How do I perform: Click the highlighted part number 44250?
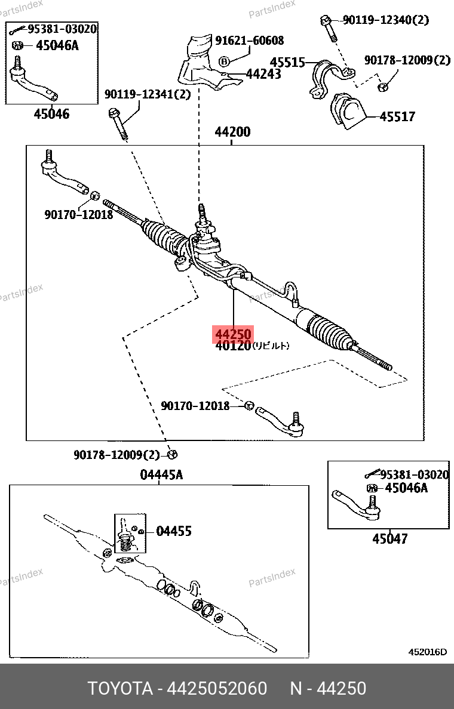coord(233,334)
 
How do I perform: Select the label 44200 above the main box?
coord(232,132)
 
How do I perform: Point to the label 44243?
coord(263,74)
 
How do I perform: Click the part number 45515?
coord(287,62)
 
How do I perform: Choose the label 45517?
coord(397,116)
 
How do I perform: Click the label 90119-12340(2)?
coord(386,20)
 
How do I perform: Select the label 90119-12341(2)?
coord(148,94)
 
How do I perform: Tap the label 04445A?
coord(161,475)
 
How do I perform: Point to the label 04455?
coord(174,531)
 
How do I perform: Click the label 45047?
coord(390,538)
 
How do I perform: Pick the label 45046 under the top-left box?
coord(51,113)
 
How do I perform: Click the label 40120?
coord(232,346)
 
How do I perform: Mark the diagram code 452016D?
coord(427,652)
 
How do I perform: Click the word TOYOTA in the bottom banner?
coord(119,688)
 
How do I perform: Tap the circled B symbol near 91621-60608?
coord(224,61)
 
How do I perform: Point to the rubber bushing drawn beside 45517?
coord(346,111)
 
